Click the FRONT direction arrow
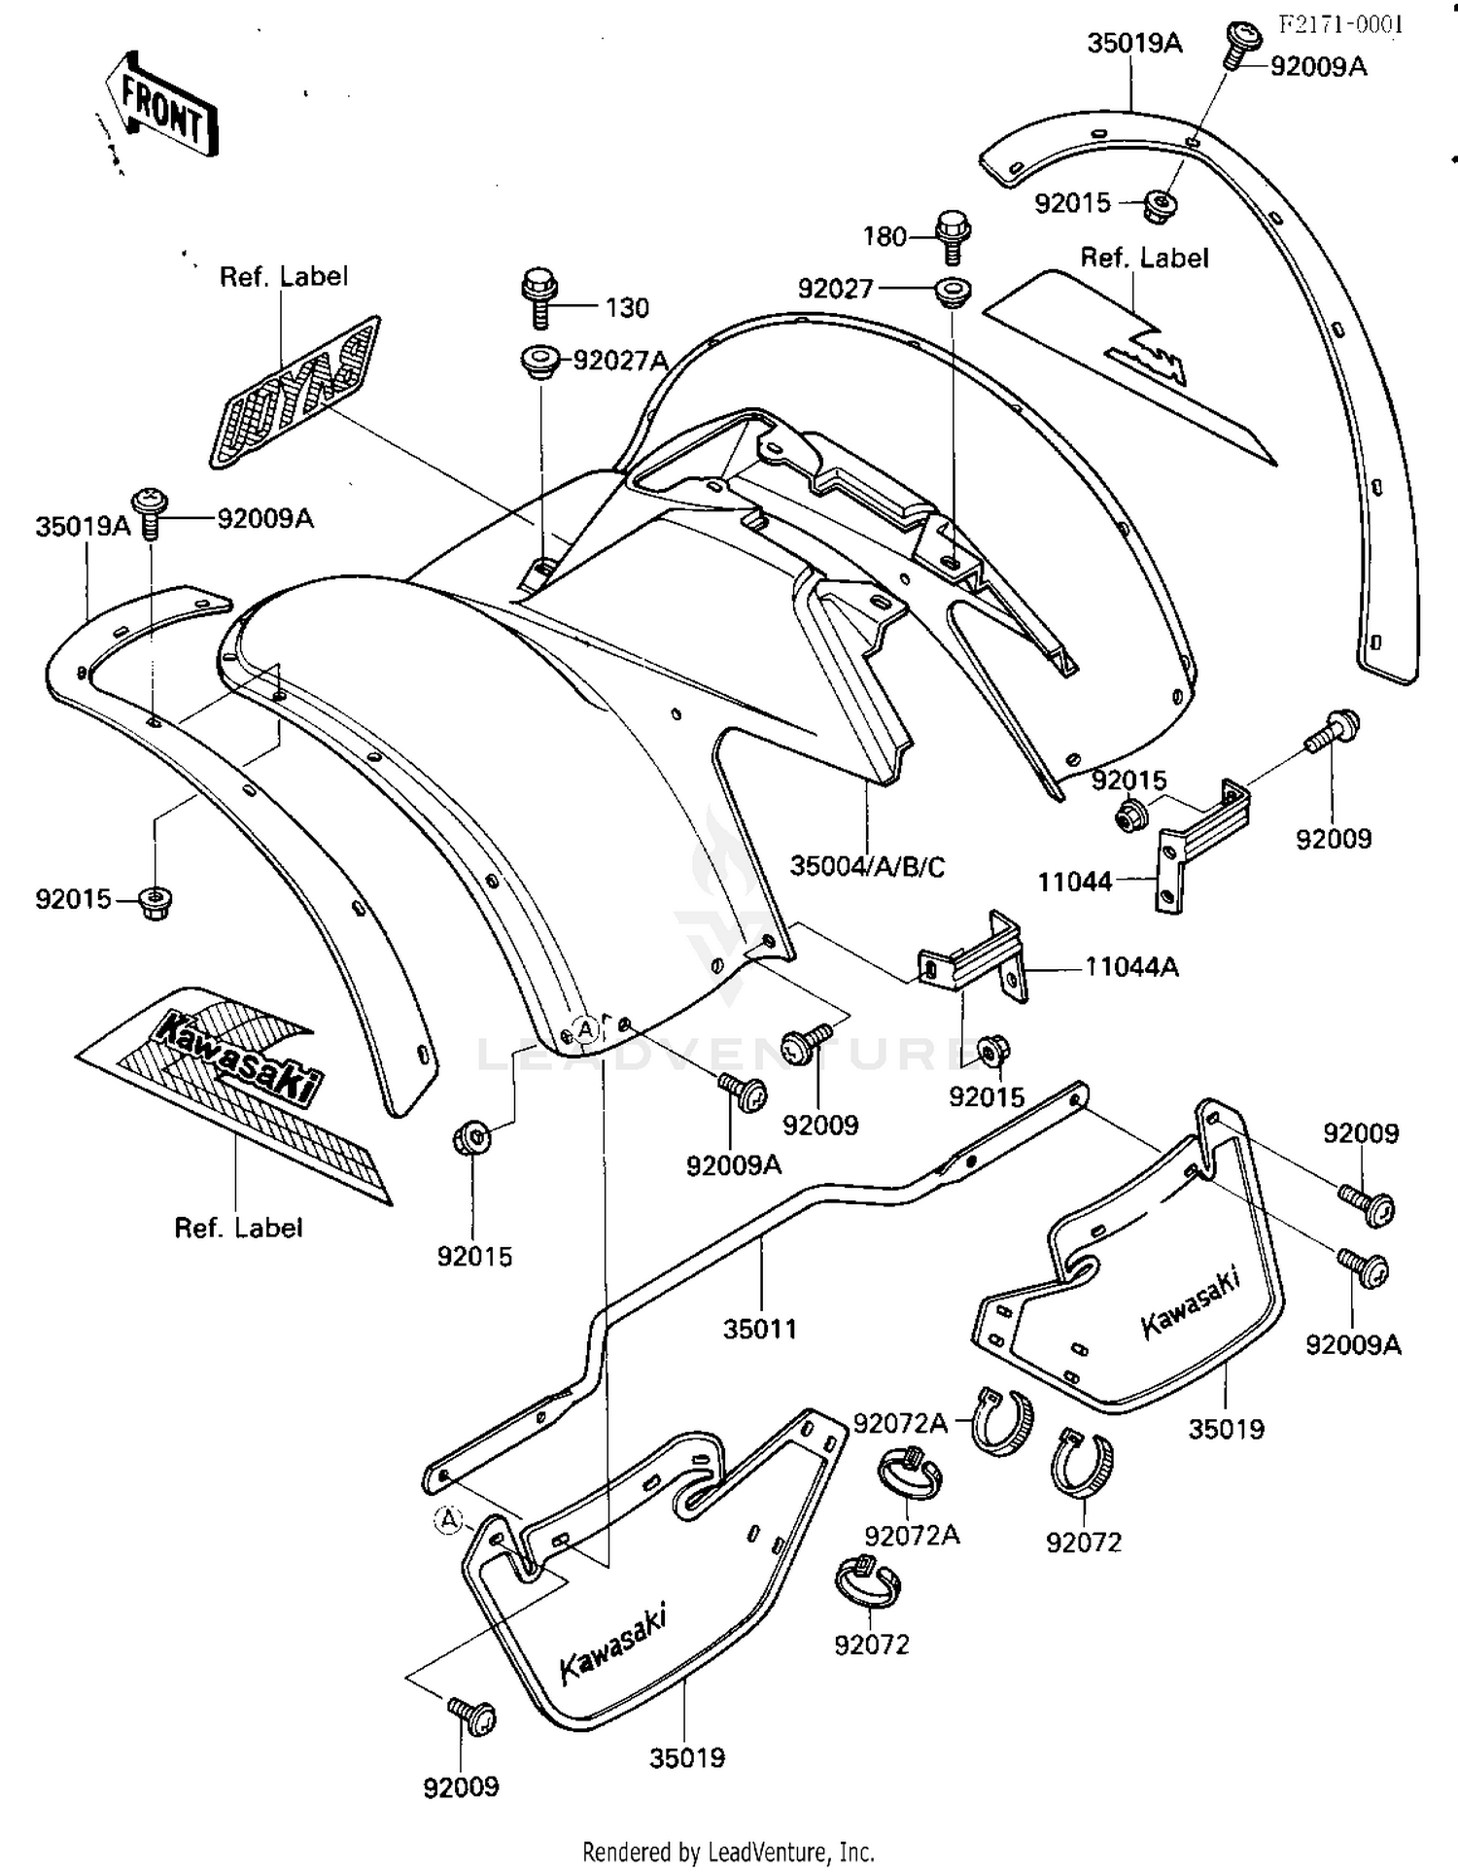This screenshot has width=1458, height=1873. pyautogui.click(x=163, y=105)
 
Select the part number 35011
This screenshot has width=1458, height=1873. pyautogui.click(x=759, y=1328)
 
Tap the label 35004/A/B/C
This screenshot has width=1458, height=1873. pyautogui.click(x=866, y=866)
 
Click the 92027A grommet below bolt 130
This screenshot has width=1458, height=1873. pyautogui.click(x=538, y=361)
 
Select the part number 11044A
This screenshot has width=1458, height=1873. pyautogui.click(x=1131, y=967)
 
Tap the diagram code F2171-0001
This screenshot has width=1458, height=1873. pyautogui.click(x=1340, y=24)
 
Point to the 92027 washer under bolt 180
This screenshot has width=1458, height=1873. pyautogui.click(x=954, y=291)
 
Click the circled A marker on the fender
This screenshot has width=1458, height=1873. pyautogui.click(x=585, y=1028)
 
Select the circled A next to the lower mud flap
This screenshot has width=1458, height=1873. pyautogui.click(x=447, y=1519)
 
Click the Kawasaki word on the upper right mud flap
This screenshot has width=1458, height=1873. pyautogui.click(x=1190, y=1302)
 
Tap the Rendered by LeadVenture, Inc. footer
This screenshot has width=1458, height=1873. pyautogui.click(x=728, y=1852)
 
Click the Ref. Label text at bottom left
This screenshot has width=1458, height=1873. pyautogui.click(x=238, y=1228)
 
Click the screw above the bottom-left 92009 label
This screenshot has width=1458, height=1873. pyautogui.click(x=472, y=1717)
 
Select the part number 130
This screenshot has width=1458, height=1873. pyautogui.click(x=627, y=308)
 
